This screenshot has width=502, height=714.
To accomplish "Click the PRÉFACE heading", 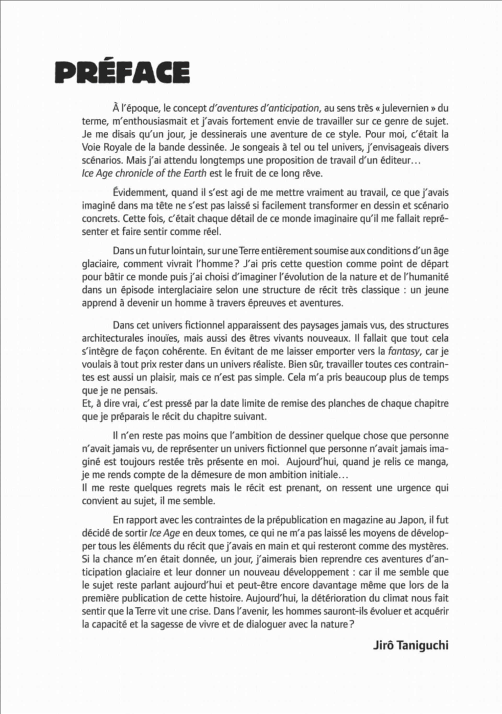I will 122,72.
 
